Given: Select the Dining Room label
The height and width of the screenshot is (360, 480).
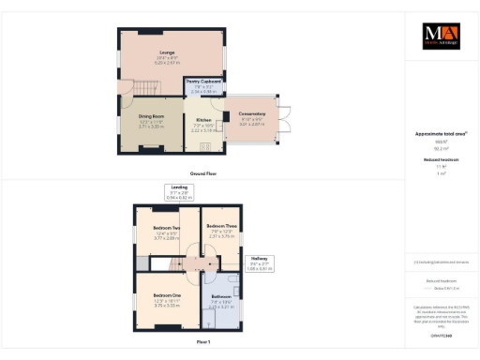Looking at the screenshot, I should click(151, 118).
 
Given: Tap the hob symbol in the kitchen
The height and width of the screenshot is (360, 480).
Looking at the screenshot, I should click(217, 143).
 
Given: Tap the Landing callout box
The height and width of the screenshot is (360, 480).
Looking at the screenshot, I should click(178, 194).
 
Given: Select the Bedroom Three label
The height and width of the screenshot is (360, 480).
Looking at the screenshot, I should click(221, 229).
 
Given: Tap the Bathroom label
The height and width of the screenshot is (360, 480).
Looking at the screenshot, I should click(221, 300).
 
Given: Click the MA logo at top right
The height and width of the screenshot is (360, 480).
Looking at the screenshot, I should click(441, 35).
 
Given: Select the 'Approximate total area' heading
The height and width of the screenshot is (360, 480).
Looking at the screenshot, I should click(441, 134).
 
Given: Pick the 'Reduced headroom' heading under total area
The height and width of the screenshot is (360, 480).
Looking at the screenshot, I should click(441, 159).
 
